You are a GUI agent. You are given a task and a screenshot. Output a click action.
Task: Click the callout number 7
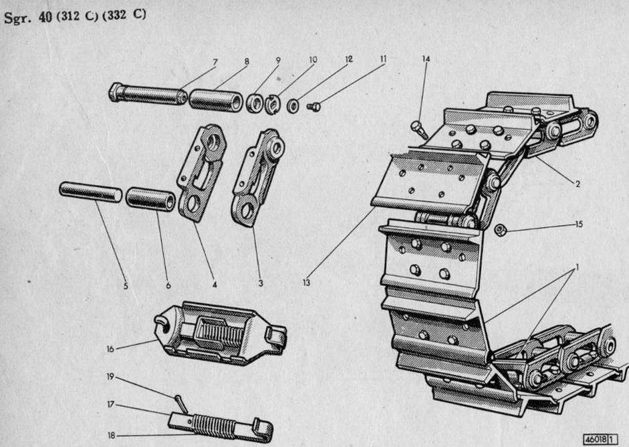(x=215, y=62)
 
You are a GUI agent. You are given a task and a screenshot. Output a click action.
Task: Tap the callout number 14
(x=426, y=59)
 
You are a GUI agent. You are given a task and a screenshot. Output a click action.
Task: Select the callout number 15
(x=578, y=224)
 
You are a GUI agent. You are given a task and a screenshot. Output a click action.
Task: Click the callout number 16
(x=110, y=349)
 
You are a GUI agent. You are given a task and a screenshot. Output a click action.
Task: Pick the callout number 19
(x=110, y=376)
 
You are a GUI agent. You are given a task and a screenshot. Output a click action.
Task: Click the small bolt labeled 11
(x=312, y=106)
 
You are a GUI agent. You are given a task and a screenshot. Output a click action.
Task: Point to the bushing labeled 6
(x=150, y=199)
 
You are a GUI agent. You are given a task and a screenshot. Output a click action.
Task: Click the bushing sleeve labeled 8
(x=215, y=99)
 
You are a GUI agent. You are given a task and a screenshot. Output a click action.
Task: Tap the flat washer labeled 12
(x=293, y=105)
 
